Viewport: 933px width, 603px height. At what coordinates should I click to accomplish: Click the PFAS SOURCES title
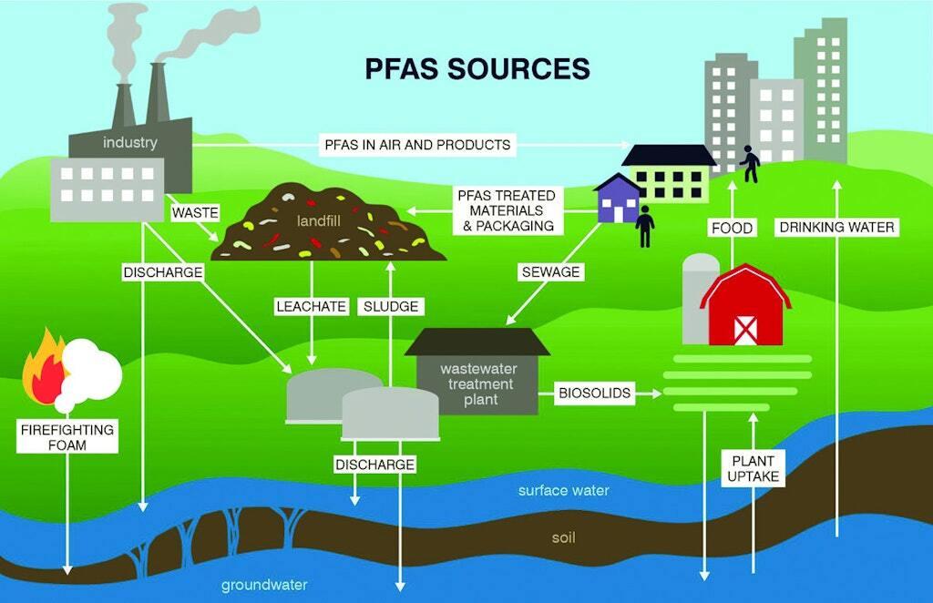pyautogui.click(x=477, y=69)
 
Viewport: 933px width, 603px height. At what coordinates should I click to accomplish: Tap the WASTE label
pyautogui.click(x=195, y=212)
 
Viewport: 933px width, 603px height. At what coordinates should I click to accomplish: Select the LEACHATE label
pyautogui.click(x=312, y=307)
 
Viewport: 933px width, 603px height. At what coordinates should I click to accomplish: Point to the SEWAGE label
pyautogui.click(x=550, y=271)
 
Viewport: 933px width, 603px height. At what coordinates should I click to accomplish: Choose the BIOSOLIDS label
pyautogui.click(x=593, y=393)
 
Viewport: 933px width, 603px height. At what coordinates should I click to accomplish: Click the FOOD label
pyautogui.click(x=732, y=228)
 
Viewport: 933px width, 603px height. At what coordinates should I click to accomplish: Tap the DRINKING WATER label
pyautogui.click(x=836, y=227)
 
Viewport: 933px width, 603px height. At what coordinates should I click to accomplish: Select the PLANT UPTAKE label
pyautogui.click(x=753, y=468)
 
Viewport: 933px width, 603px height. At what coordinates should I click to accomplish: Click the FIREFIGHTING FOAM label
pyautogui.click(x=67, y=437)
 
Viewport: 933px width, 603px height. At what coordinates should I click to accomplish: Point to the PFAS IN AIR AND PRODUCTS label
pyautogui.click(x=417, y=144)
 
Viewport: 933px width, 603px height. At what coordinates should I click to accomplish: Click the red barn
pyautogui.click(x=744, y=310)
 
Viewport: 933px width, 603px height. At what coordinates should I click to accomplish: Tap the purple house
pyautogui.click(x=616, y=199)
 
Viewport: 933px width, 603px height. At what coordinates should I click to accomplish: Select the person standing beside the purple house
pyautogui.click(x=645, y=225)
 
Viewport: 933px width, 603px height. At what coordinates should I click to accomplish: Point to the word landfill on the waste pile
pyautogui.click(x=317, y=221)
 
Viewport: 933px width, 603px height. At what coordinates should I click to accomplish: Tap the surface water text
pyautogui.click(x=563, y=490)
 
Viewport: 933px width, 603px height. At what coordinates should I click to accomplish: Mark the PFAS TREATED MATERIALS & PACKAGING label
pyautogui.click(x=506, y=210)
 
